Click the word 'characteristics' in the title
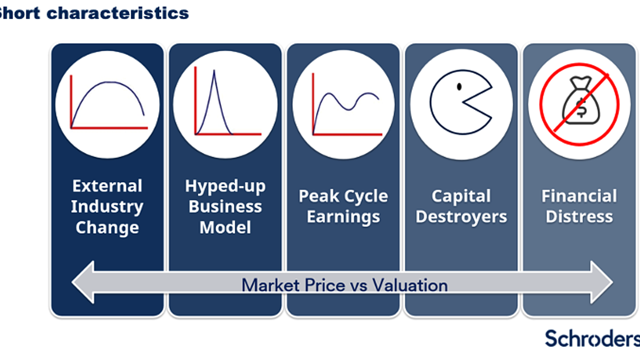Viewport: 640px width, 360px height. (117, 14)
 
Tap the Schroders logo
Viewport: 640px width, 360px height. (592, 338)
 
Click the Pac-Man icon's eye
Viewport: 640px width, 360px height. (459, 87)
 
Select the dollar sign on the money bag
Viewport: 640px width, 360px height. (582, 107)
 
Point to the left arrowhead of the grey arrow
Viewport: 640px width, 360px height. (83, 282)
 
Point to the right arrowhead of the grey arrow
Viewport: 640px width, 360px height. (602, 282)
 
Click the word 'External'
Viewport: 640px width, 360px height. (107, 186)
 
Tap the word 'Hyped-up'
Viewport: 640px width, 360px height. (225, 187)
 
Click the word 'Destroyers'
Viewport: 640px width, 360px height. (461, 217)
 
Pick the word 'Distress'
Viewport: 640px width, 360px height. (579, 217)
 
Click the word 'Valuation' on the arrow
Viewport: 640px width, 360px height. (410, 285)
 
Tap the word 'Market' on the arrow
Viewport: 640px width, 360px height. (270, 285)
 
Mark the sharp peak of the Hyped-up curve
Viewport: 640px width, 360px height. (214, 70)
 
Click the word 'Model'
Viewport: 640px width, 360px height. (225, 227)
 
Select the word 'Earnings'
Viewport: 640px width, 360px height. (343, 218)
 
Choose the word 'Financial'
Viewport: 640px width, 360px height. (579, 196)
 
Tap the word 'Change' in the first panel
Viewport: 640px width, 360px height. (107, 229)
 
